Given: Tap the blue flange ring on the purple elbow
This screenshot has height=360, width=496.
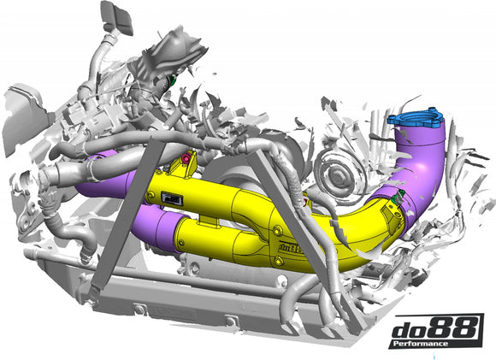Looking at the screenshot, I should (x=416, y=123).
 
